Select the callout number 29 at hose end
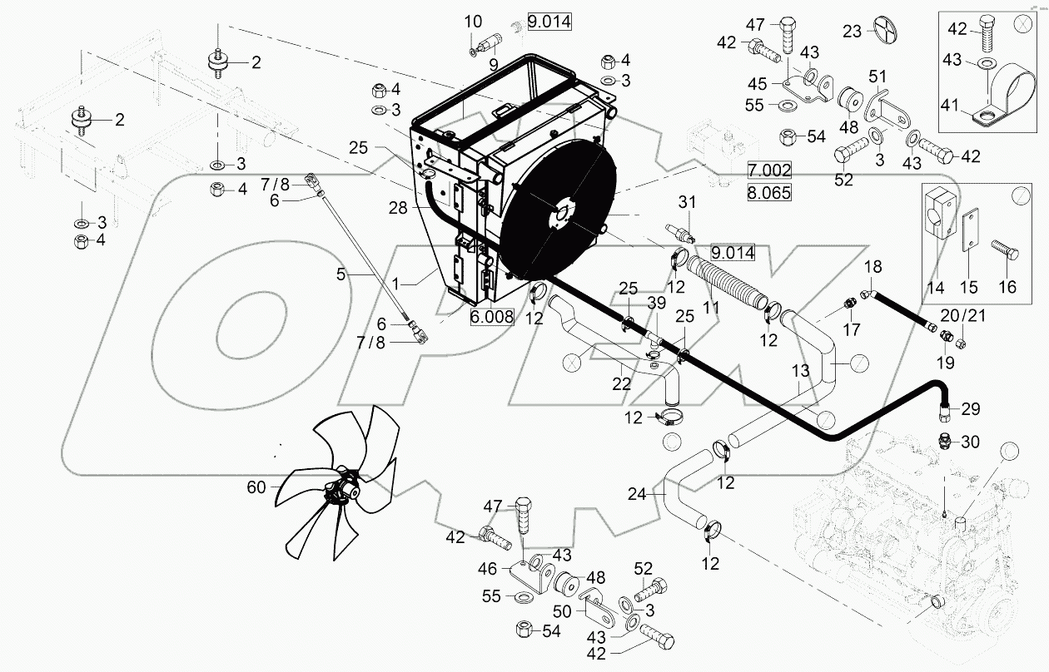point(970,409)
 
